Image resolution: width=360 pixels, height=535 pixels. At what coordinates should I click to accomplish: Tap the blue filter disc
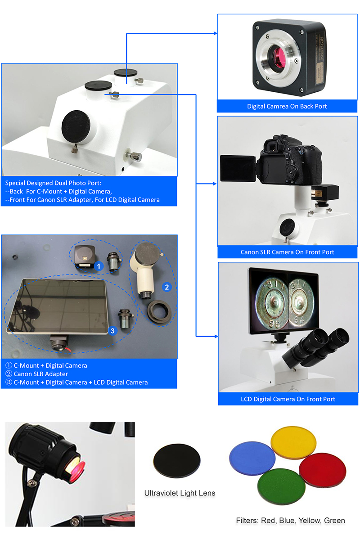[x=252, y=457]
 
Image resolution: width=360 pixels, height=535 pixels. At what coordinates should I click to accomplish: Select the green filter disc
[x=281, y=486]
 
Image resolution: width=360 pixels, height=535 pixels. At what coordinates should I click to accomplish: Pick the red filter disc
[x=323, y=469]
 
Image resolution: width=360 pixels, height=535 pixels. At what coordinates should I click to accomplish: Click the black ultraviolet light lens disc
[x=177, y=461]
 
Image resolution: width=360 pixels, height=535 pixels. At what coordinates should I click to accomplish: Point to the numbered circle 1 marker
[x=99, y=266]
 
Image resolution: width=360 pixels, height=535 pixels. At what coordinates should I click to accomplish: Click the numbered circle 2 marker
[x=167, y=287]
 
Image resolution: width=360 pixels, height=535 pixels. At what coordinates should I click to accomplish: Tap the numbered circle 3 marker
[x=112, y=331]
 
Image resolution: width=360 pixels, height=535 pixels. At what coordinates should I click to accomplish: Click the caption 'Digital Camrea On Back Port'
[x=287, y=106]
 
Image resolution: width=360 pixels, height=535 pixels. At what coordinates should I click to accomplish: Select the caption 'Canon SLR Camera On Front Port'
[x=287, y=252]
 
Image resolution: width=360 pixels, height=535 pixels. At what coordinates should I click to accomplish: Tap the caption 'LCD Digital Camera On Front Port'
[x=288, y=399]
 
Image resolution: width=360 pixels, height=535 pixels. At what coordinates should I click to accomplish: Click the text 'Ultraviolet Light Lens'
[x=180, y=493]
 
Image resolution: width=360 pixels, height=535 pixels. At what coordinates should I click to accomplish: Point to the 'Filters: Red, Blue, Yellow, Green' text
[x=290, y=520]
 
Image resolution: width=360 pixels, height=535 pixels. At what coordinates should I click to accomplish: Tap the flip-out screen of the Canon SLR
[x=238, y=169]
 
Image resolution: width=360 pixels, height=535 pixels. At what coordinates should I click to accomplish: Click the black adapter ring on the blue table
[x=159, y=312]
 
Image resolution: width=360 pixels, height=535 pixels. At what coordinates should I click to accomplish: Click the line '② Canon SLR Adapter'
[x=37, y=374]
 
